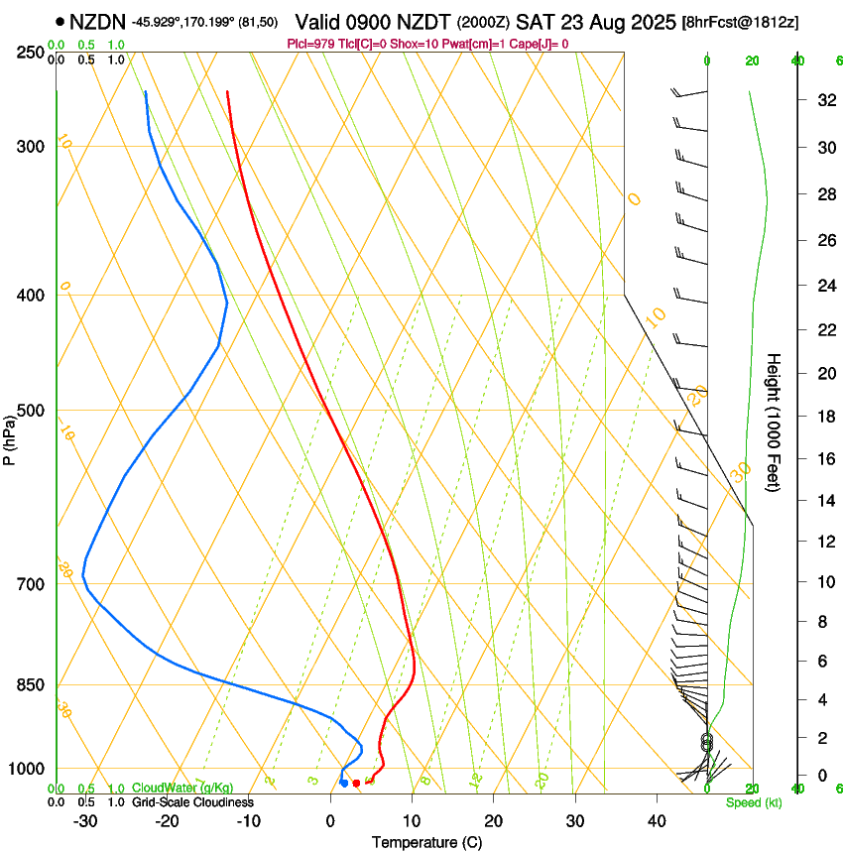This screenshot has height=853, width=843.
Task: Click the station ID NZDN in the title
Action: (x=97, y=21)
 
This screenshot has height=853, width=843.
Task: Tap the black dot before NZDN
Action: (x=60, y=21)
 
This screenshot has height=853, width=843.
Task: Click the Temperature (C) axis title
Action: (x=426, y=842)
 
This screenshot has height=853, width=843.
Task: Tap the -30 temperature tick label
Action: (x=85, y=821)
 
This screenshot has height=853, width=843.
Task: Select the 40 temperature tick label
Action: (x=657, y=821)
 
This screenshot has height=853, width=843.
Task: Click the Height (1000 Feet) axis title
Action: (x=774, y=423)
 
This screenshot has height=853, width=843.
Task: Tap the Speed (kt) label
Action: (x=753, y=802)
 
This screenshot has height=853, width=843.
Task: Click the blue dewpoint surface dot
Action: (x=344, y=784)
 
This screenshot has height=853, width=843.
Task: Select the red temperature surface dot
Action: (x=357, y=784)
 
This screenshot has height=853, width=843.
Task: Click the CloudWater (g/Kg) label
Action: (x=181, y=789)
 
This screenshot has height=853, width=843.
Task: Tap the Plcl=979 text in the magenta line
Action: (x=309, y=44)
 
